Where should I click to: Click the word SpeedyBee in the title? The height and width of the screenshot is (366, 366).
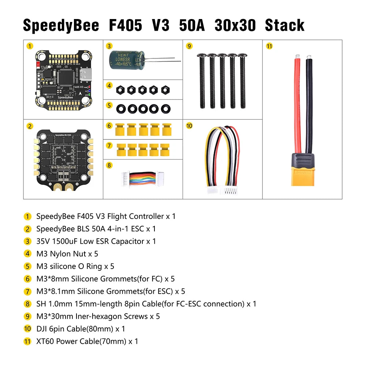[61, 25]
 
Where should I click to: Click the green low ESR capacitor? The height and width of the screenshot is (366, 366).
[127, 59]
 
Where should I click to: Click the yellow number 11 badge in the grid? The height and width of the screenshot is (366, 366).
[270, 46]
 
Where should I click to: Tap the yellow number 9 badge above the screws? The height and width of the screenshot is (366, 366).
[189, 46]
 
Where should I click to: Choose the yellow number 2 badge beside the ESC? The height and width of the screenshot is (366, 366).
[30, 126]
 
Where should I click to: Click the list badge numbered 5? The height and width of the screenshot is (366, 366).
[28, 266]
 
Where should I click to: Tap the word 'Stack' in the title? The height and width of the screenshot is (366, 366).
[285, 25]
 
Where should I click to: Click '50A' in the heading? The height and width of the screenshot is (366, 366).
[192, 25]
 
